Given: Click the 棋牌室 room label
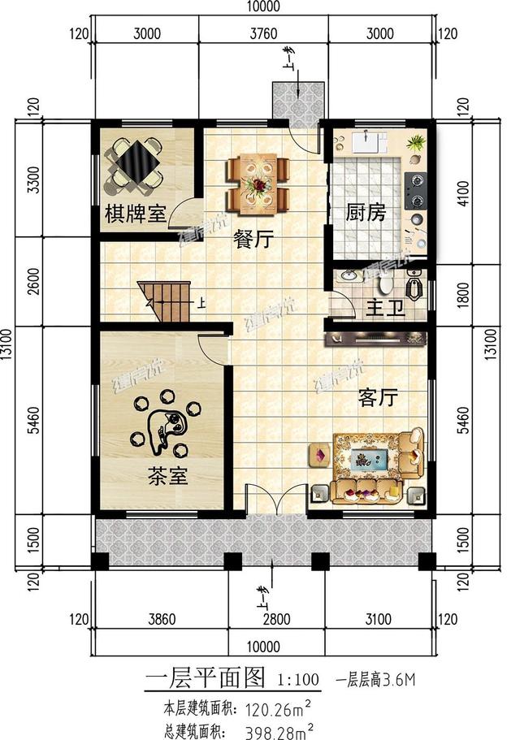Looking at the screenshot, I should pos(135,214).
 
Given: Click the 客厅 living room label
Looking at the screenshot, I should pos(378,397).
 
